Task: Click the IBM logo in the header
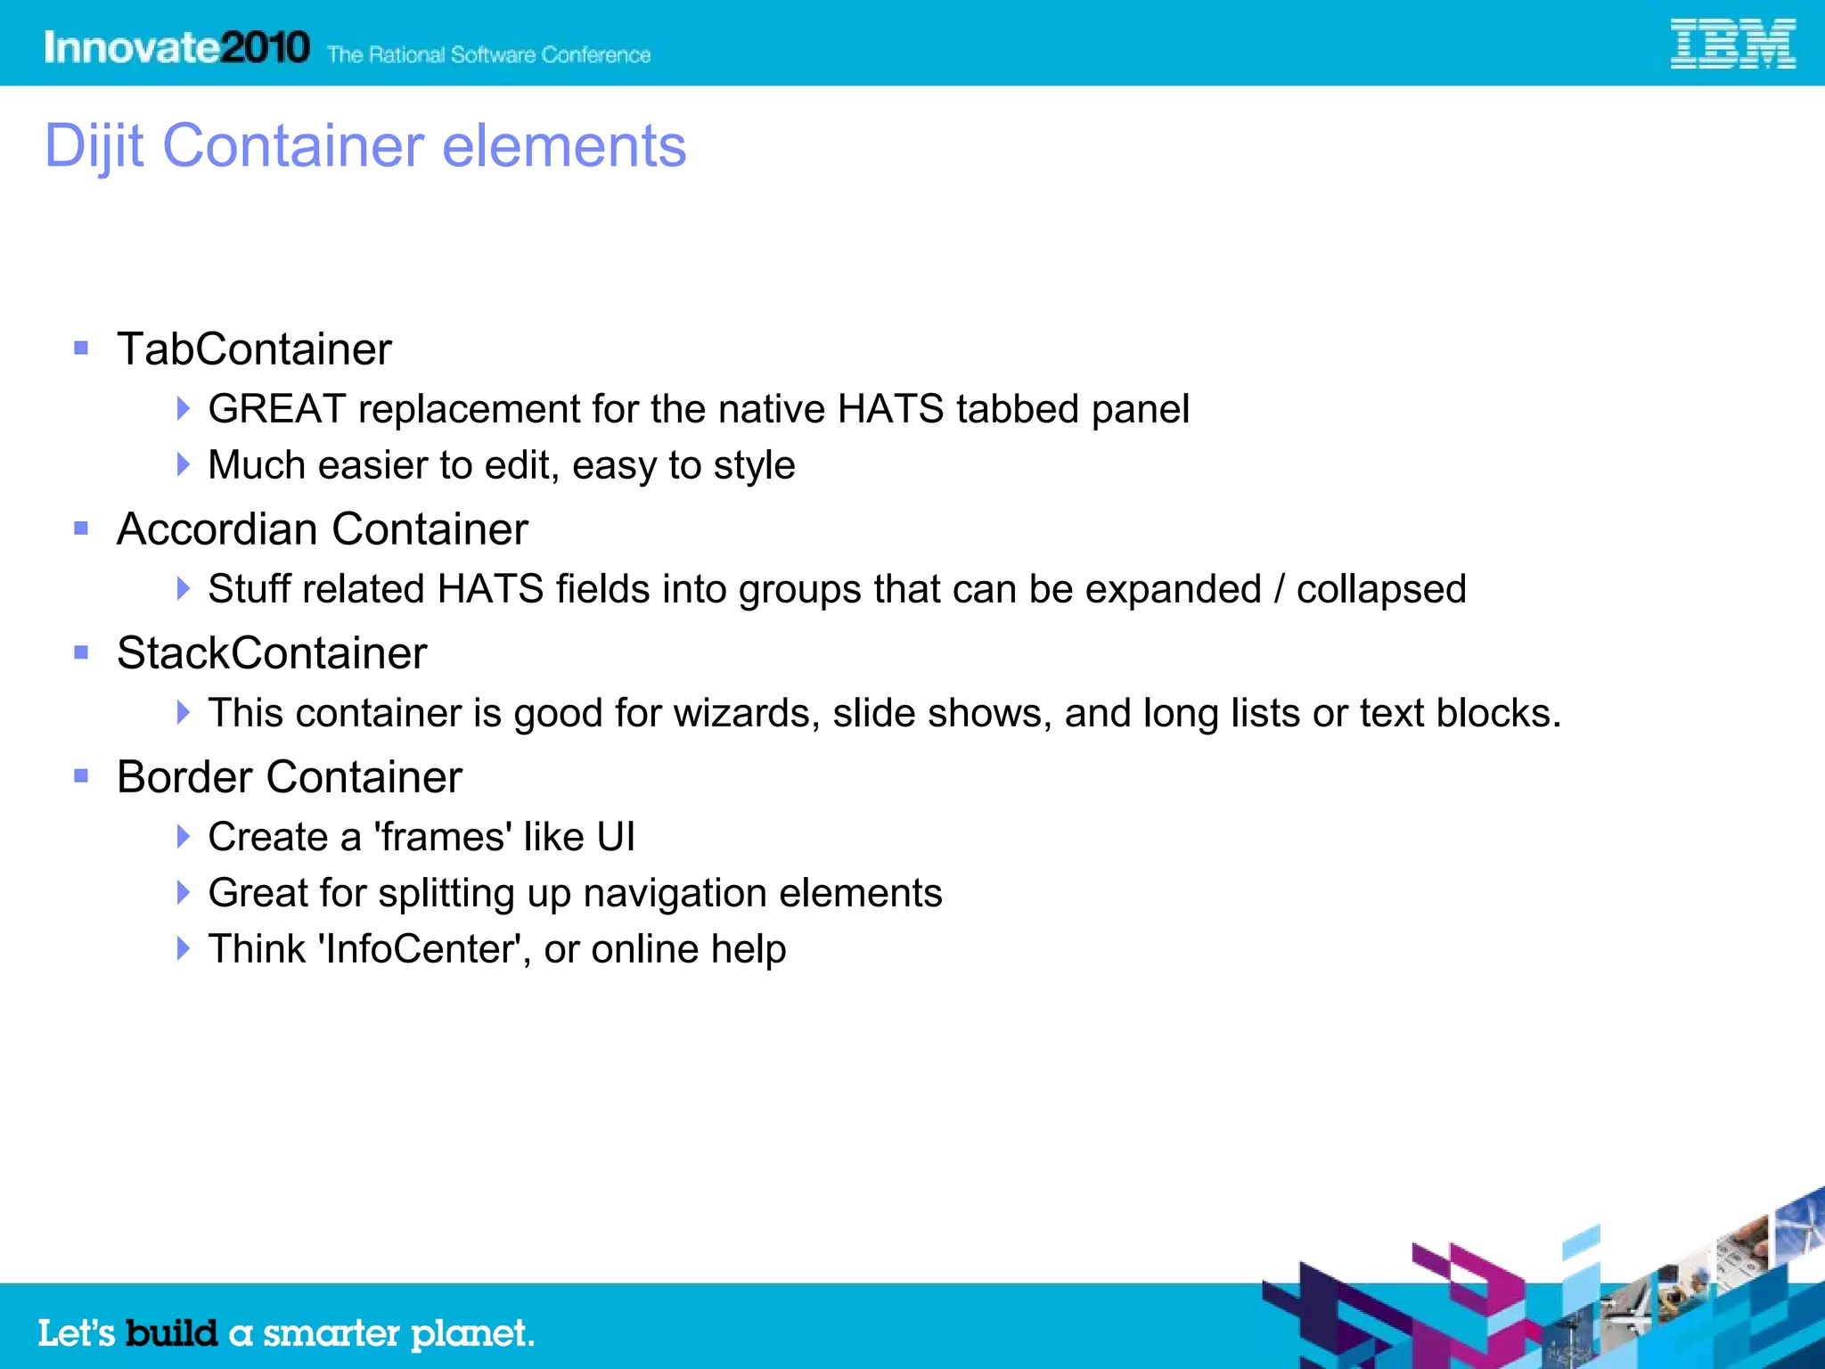[x=1731, y=45]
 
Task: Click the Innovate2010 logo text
[x=176, y=47]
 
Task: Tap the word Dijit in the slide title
[x=94, y=146]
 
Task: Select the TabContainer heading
[x=254, y=348]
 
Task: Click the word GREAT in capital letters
[x=276, y=409]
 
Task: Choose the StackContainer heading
[x=272, y=653]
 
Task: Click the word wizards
[x=746, y=713]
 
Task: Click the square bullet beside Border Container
[x=81, y=776]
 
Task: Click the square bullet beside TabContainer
[x=81, y=348]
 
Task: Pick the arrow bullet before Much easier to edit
[x=183, y=464]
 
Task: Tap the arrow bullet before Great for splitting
[x=183, y=892]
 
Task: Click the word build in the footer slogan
[x=171, y=1333]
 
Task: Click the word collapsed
[x=1380, y=589]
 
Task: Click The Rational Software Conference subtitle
[x=488, y=55]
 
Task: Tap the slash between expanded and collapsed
[x=1279, y=589]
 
